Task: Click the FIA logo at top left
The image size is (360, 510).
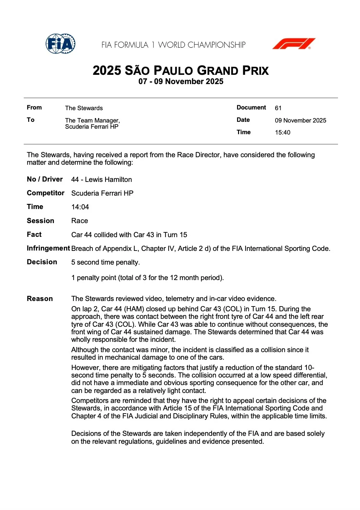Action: point(60,44)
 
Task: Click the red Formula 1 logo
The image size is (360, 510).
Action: point(294,44)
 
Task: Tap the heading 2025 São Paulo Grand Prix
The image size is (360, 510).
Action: point(180,70)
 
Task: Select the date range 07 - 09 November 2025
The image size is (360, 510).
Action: point(181,82)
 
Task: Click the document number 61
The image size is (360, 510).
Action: point(278,108)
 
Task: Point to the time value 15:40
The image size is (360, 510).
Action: point(282,132)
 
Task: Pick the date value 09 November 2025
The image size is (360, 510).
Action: point(300,120)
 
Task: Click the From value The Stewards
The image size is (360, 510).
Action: point(84,108)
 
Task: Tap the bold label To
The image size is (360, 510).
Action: point(31,120)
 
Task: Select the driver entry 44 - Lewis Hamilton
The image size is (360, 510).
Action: point(101,179)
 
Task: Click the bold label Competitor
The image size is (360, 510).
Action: point(45,193)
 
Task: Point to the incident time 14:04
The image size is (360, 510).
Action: point(80,207)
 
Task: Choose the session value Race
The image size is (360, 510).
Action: point(79,221)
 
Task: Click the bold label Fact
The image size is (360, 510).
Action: point(34,234)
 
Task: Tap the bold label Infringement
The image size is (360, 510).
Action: point(48,248)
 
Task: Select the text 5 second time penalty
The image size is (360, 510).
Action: point(105,262)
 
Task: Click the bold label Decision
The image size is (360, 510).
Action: point(42,262)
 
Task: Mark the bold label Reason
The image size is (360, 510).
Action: point(40,299)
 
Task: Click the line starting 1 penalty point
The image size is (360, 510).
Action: point(147,278)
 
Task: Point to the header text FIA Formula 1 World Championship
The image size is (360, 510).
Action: point(173,45)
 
